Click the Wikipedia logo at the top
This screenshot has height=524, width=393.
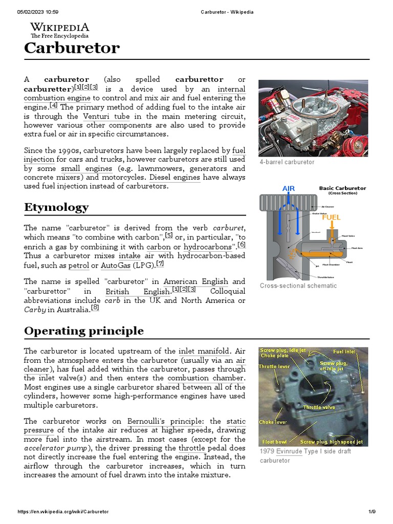click(x=59, y=30)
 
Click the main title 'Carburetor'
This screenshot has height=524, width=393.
click(x=72, y=48)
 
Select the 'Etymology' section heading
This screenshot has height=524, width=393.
click(x=56, y=207)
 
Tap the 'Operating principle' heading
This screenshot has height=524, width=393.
click(x=84, y=331)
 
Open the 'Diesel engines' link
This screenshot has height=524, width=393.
click(x=174, y=178)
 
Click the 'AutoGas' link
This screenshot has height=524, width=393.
click(x=115, y=266)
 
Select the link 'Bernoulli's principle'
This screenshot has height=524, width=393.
click(x=161, y=421)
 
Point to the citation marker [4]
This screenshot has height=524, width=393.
click(x=54, y=106)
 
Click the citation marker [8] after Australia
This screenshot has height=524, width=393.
click(x=95, y=308)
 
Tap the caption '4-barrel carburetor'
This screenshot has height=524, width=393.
click(x=287, y=162)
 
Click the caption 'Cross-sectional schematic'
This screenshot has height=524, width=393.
click(x=298, y=286)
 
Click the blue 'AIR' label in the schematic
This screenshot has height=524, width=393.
click(x=289, y=188)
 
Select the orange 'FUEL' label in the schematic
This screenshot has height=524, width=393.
click(x=331, y=217)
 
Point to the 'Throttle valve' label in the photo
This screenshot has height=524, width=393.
click(x=320, y=407)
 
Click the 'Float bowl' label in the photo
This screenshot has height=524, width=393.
click(x=275, y=441)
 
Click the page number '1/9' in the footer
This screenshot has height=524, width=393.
click(x=372, y=511)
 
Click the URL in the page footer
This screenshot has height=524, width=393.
click(x=63, y=511)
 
